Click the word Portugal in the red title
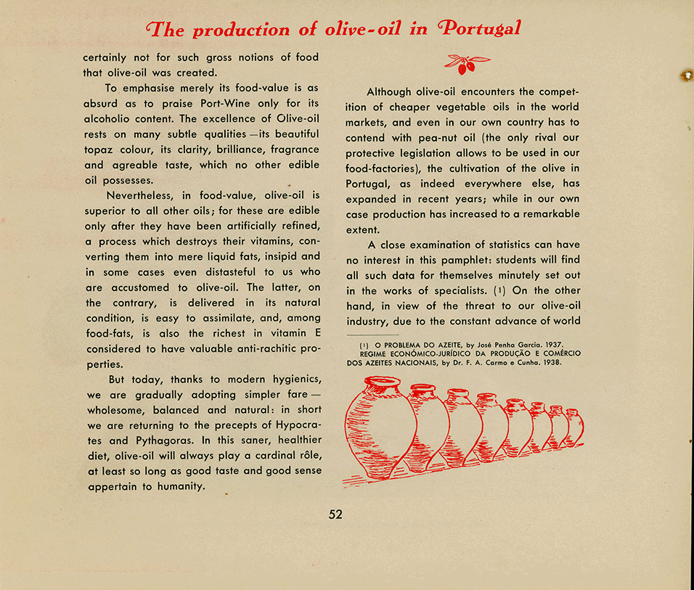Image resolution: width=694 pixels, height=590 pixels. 480,29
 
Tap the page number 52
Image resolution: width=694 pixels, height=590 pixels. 335,515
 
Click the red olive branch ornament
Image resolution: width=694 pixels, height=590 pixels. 466,64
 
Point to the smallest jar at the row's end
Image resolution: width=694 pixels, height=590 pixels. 573,428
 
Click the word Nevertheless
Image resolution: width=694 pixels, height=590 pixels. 141,196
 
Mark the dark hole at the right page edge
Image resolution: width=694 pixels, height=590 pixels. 685,75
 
